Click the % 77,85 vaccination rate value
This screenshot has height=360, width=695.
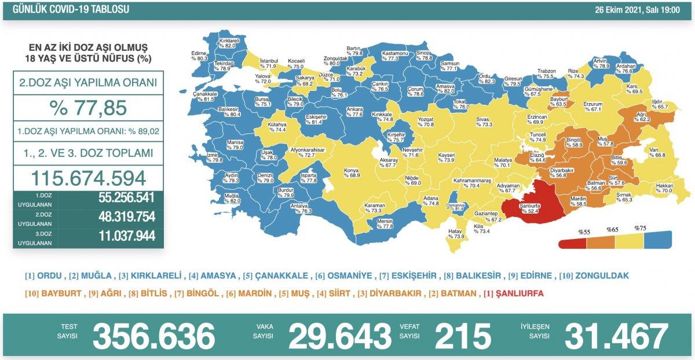pos(89,108)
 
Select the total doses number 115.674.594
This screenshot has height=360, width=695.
pos(89,177)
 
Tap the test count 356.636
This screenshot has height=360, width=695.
pos(153,336)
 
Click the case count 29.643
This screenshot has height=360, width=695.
pos(340,336)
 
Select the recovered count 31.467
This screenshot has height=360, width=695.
pos(615,336)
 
